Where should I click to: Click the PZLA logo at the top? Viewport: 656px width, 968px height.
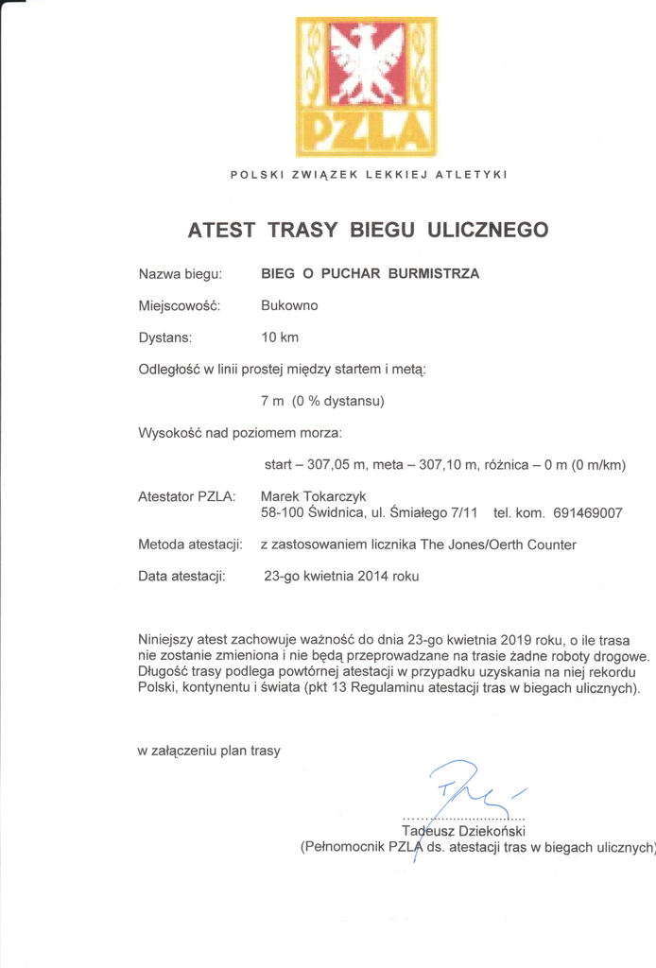coord(367,86)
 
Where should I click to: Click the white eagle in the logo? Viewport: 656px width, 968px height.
coord(366,63)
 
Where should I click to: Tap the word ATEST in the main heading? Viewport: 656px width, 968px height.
coord(221,230)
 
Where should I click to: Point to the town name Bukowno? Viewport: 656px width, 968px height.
coord(289,305)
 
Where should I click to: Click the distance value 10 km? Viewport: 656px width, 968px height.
coord(280,337)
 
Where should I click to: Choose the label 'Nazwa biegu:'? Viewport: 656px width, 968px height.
coord(181,274)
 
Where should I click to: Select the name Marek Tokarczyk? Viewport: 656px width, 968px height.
coord(313,496)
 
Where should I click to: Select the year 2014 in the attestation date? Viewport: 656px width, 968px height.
coord(373,576)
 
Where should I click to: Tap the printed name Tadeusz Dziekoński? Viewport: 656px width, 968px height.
coord(462,831)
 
